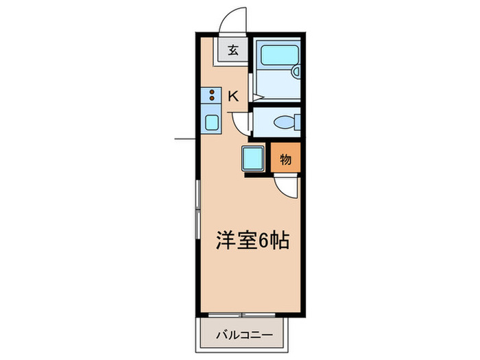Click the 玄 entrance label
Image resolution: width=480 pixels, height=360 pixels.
click(x=233, y=49)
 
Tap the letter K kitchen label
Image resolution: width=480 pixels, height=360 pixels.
click(x=232, y=96)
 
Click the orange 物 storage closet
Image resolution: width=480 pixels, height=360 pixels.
click(x=285, y=160)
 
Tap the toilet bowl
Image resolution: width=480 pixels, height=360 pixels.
click(x=284, y=123)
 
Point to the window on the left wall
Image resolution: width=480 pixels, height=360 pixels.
click(x=198, y=206)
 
